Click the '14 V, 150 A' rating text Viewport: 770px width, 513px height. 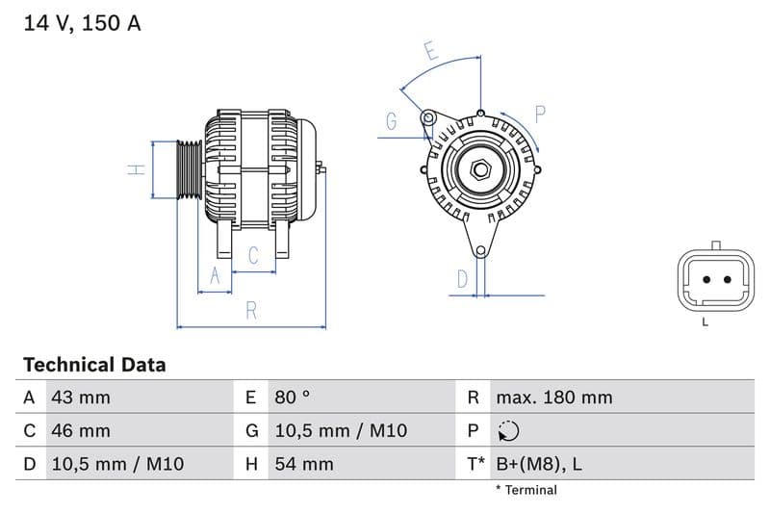(x=82, y=23)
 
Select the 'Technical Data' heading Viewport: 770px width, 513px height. (x=94, y=365)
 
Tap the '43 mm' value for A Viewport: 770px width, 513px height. (x=80, y=398)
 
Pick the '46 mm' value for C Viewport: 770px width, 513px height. (x=80, y=430)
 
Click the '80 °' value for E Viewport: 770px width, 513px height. (x=292, y=398)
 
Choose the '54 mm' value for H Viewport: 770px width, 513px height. (x=303, y=464)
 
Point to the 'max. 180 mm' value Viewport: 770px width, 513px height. (x=553, y=398)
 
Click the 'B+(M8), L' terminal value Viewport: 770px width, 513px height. (x=539, y=464)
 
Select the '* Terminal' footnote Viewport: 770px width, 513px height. (x=526, y=490)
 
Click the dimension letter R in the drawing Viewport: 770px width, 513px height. (x=251, y=310)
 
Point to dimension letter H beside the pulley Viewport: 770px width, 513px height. (x=137, y=169)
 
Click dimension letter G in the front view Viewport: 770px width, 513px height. (x=392, y=121)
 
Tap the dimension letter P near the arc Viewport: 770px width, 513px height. (x=540, y=115)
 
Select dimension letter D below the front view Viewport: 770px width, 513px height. (x=462, y=279)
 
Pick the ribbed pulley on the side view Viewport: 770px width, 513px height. (x=189, y=170)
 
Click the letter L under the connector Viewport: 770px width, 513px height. (x=706, y=321)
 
